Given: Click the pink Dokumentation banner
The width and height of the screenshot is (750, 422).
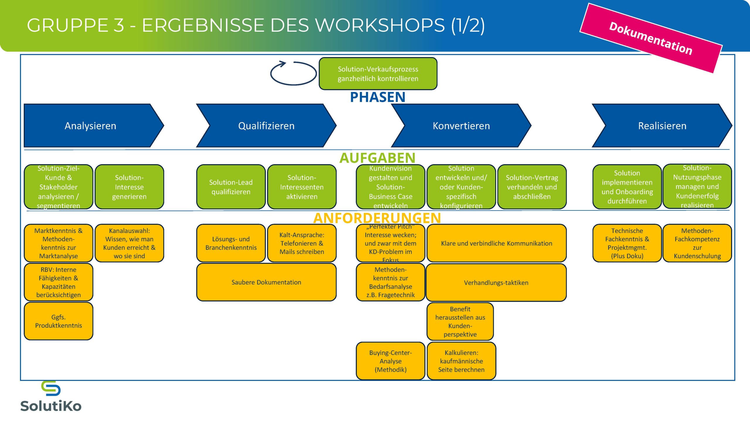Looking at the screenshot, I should (x=651, y=38).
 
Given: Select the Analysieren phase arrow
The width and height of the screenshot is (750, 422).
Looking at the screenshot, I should (x=91, y=126).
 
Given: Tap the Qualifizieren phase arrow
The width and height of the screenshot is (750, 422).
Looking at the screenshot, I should (x=266, y=126).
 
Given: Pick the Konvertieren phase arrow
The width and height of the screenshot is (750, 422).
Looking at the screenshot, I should (x=461, y=126).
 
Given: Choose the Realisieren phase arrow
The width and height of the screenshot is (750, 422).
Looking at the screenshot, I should (x=662, y=126).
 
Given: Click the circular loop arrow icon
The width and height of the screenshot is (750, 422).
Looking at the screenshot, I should (x=293, y=73).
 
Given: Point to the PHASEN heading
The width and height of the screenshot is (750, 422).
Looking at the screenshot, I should (x=378, y=97).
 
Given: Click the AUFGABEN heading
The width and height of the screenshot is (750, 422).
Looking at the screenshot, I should (x=377, y=158).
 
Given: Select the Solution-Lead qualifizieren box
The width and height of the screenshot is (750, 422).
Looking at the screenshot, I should (x=231, y=187).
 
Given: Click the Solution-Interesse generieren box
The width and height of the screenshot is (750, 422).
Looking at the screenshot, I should (x=129, y=187).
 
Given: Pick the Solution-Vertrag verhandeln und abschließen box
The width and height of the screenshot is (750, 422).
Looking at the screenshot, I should (x=532, y=187).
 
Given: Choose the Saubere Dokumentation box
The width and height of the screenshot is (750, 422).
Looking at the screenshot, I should (x=266, y=282).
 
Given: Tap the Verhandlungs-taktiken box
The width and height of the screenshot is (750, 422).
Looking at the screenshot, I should (x=496, y=283).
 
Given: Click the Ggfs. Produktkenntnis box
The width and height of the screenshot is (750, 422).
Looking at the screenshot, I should (x=59, y=321).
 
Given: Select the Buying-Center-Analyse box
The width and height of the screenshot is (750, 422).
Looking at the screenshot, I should (x=391, y=361).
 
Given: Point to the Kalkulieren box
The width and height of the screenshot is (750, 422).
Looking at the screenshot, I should (x=461, y=361).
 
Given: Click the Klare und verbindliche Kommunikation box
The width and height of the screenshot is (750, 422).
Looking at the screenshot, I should (x=496, y=243).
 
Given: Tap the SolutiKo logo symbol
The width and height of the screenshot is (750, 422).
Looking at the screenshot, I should (x=51, y=389).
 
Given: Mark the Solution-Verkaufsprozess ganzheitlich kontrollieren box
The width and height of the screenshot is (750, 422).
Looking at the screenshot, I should (x=378, y=74).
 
